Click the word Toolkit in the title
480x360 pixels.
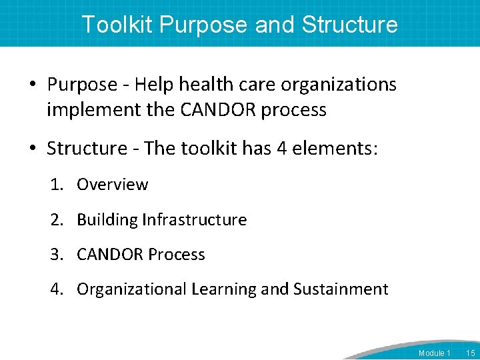[x=117, y=25]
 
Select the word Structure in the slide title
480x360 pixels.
[x=349, y=25]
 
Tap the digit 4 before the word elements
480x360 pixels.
[x=281, y=149]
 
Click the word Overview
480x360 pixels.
[x=112, y=185]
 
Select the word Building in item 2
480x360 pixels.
[x=107, y=220]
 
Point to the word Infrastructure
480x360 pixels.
[x=195, y=220]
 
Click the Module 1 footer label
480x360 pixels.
[x=434, y=352]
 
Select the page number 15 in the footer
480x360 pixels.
[x=470, y=352]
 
